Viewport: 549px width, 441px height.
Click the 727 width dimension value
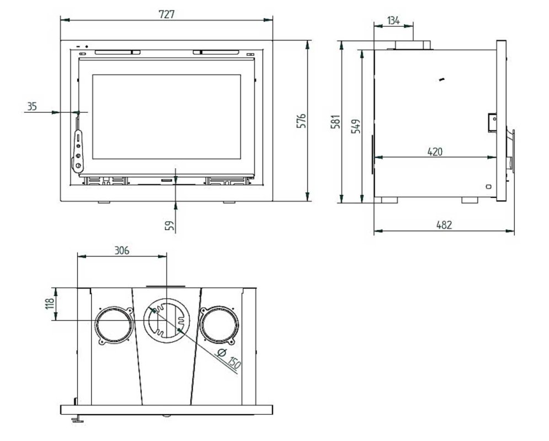point(166,14)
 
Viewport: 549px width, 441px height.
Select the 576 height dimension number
point(301,121)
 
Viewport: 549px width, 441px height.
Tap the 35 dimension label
point(32,106)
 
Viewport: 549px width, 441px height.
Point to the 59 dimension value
point(170,225)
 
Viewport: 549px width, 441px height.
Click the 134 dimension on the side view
point(393,20)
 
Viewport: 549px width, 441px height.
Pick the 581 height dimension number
point(336,121)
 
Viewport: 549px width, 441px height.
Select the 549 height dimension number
point(355,126)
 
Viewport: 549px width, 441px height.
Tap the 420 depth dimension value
point(435,152)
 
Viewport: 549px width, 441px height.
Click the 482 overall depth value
point(444,224)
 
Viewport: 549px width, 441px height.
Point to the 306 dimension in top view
point(122,250)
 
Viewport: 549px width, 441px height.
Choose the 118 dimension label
point(49,304)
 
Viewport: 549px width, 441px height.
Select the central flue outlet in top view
point(167,321)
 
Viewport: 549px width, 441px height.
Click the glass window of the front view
point(167,117)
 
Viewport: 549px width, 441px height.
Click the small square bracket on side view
point(493,122)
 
